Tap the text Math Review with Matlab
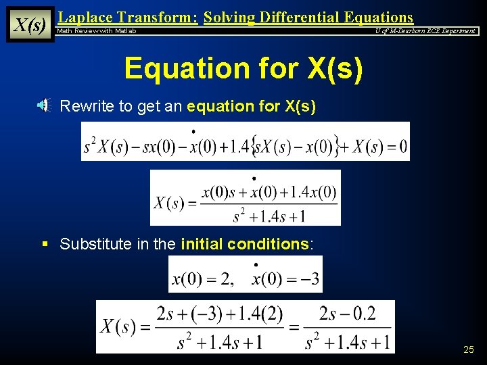(x=96, y=31)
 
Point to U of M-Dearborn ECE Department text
(x=425, y=31)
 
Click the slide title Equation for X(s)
(x=243, y=68)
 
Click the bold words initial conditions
(x=245, y=244)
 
